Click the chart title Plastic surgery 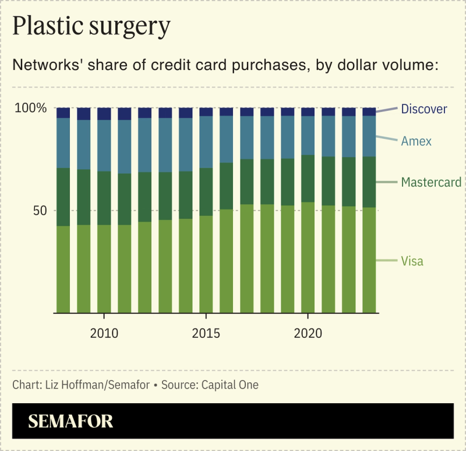click(x=91, y=27)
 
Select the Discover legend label click(x=424, y=109)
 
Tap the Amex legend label click(x=416, y=141)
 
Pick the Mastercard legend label click(x=431, y=183)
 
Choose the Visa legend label click(x=412, y=261)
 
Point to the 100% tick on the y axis click(x=30, y=109)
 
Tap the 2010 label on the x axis click(x=104, y=334)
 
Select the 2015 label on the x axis click(x=206, y=334)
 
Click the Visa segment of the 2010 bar click(x=104, y=268)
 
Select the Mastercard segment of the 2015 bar click(x=206, y=192)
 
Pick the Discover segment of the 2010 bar click(x=104, y=114)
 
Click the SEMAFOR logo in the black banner click(x=70, y=421)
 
